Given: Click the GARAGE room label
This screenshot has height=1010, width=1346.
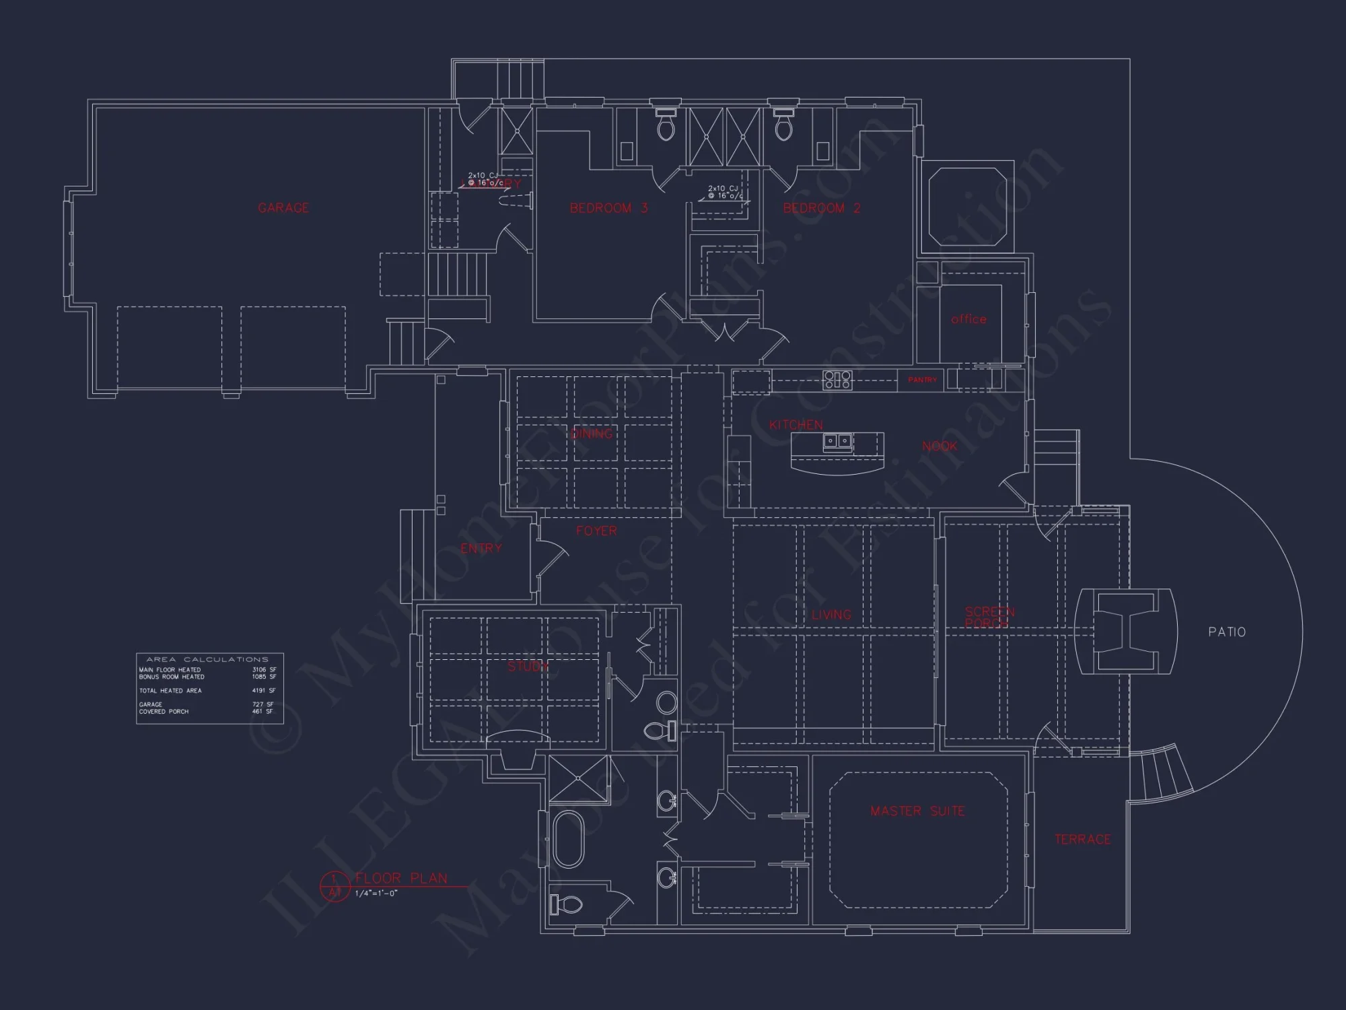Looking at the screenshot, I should (283, 208).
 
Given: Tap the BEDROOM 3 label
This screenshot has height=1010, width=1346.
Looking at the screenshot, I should (608, 208).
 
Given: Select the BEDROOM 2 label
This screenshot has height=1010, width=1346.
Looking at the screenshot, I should (822, 208).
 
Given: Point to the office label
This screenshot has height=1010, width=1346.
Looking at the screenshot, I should (968, 319).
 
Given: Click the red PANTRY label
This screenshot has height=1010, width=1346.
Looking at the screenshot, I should (922, 380).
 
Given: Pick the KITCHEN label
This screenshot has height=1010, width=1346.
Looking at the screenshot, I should (795, 425).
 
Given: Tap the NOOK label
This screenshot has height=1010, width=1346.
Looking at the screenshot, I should (940, 446).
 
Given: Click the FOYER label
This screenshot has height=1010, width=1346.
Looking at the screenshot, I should (596, 531).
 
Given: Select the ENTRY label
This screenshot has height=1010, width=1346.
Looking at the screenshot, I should (481, 549).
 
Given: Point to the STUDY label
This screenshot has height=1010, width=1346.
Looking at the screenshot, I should (528, 667).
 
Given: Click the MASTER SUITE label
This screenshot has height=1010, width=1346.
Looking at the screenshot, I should (917, 811).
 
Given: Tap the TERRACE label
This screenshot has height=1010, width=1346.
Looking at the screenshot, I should (1082, 840).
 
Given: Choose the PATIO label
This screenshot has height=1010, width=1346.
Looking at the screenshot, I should (1227, 632).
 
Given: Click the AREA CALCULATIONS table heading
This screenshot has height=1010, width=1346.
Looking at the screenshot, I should (207, 659).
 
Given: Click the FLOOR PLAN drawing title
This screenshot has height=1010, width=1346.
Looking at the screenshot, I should (401, 878).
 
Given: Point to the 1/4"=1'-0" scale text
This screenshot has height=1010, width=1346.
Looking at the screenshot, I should (376, 894).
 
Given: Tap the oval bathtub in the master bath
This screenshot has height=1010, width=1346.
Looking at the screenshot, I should (568, 840).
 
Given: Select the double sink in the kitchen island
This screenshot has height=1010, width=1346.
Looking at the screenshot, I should (838, 442).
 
